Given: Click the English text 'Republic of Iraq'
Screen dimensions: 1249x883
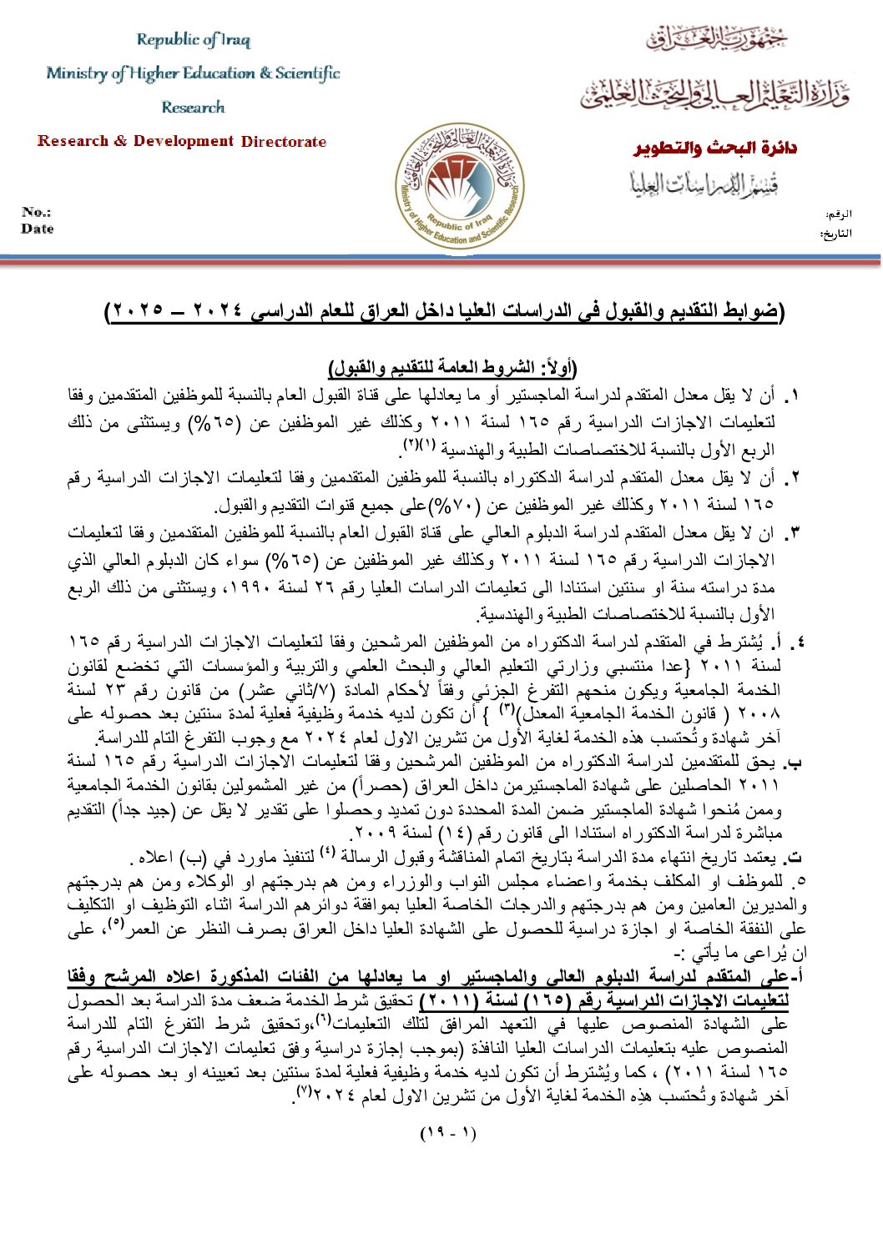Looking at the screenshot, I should coord(193,40).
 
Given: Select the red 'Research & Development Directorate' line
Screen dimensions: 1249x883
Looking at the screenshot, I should coord(182,141).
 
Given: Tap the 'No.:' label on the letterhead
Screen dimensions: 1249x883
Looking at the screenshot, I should coord(36,212).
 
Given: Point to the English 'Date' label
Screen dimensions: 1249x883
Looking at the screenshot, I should coord(38,229).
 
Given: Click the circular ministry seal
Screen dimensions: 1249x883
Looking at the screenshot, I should coord(459,187).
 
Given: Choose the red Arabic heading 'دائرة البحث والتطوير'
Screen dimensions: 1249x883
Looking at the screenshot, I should coord(715,149).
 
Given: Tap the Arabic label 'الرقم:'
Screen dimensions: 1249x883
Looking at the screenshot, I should coord(838,214).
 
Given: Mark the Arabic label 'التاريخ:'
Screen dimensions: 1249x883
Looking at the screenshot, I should coord(835,234).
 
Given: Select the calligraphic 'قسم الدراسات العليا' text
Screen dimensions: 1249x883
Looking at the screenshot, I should coord(704,184).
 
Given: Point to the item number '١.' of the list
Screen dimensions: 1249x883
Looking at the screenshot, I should coord(793,395).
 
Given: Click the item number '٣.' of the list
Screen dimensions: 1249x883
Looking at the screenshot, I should coord(793,532).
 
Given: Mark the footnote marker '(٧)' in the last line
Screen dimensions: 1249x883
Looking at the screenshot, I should coord(305,1091).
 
